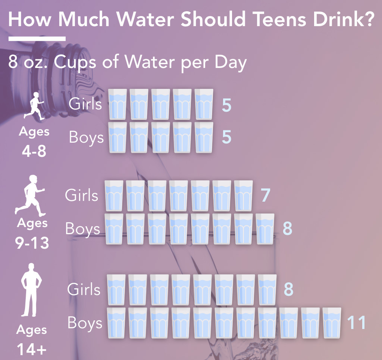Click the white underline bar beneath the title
pyautogui.click(x=37, y=38)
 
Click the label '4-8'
pyautogui.click(x=34, y=152)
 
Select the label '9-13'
pyautogui.click(x=32, y=243)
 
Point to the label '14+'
pyautogui.click(x=32, y=350)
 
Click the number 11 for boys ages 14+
pyautogui.click(x=357, y=323)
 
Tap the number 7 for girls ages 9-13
pyautogui.click(x=265, y=195)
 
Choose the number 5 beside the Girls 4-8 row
pyautogui.click(x=226, y=105)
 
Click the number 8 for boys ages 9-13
pyautogui.click(x=287, y=229)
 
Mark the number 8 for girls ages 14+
pyautogui.click(x=288, y=289)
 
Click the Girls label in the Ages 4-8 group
pyautogui.click(x=85, y=104)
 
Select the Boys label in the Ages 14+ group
pyautogui.click(x=85, y=323)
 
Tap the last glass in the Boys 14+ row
pyautogui.click(x=332, y=323)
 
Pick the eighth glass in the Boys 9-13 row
pyautogui.click(x=265, y=229)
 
